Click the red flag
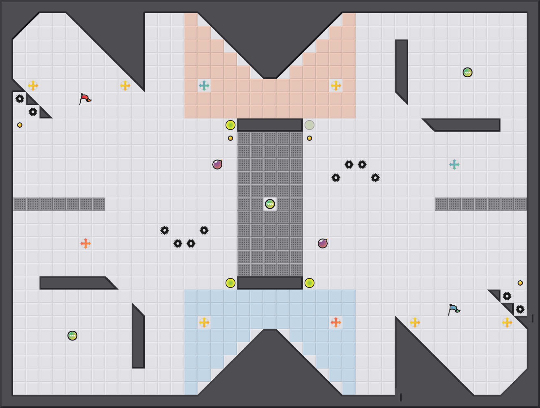85,98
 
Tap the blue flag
454,309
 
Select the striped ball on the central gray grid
270,204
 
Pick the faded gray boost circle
310,125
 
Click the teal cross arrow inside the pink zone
204,86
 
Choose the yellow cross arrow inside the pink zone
336,86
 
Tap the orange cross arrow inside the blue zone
336,322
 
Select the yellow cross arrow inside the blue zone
204,322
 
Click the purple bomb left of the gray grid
217,165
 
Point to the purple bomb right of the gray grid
323,243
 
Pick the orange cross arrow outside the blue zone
86,243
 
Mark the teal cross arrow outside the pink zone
454,165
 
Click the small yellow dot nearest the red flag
20,125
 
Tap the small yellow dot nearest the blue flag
520,283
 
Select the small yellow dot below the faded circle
310,138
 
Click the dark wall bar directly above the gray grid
270,125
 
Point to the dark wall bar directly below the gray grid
270,283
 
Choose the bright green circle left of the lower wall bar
230,283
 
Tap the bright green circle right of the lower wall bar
310,283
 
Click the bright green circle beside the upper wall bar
230,125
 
